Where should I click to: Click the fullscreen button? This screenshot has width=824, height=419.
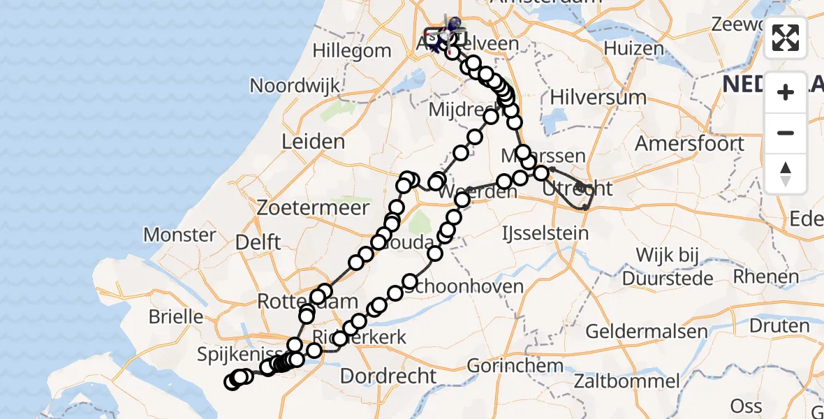point(786,38)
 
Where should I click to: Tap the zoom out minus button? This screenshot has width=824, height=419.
point(786,133)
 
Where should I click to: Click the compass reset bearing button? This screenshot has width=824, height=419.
point(786,173)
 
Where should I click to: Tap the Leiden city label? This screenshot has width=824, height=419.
point(313,142)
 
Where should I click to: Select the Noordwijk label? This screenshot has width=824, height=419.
point(295,86)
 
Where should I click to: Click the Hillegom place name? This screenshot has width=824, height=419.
point(352,50)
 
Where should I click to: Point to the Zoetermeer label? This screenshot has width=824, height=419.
point(303,208)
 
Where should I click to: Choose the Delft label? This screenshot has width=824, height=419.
point(258,243)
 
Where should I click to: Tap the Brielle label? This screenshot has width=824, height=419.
point(176,316)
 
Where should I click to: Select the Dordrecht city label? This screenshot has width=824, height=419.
point(388,376)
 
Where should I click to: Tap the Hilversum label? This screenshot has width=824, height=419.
point(598,96)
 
